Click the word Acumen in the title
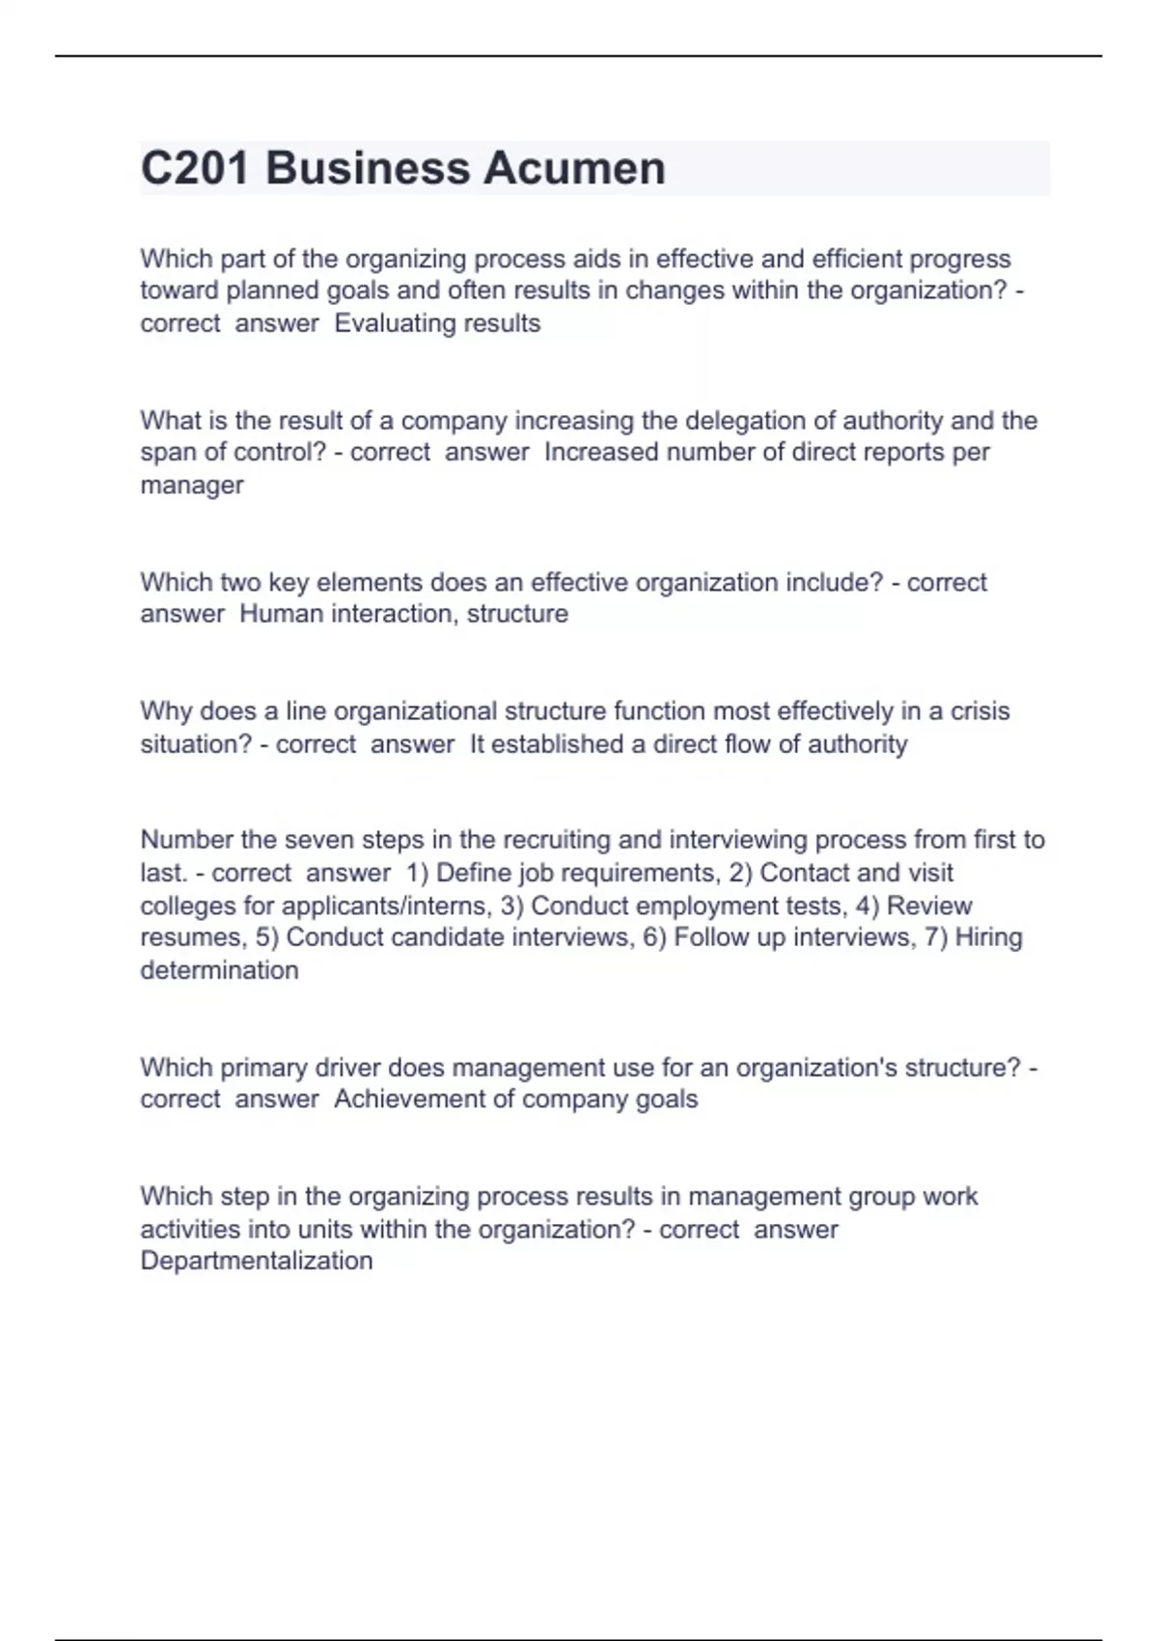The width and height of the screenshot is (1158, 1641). [x=574, y=169]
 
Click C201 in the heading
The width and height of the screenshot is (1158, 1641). [x=195, y=169]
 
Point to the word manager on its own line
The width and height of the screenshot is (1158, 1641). [x=192, y=486]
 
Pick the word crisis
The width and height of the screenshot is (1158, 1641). [x=980, y=711]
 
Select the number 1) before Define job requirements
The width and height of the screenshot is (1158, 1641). [x=417, y=873]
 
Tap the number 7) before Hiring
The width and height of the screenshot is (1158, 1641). [x=936, y=937]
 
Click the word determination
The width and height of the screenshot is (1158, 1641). [x=219, y=970]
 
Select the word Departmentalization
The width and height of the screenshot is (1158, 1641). [x=257, y=1261]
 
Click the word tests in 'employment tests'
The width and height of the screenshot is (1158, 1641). [x=814, y=906]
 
